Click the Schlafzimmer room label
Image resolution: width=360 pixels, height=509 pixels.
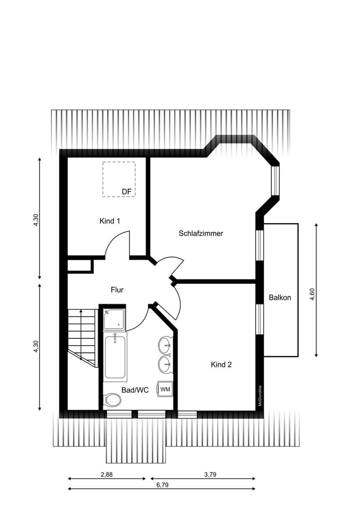(201, 233)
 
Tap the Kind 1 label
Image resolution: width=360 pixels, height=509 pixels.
(110, 221)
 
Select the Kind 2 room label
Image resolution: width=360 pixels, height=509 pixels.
(221, 365)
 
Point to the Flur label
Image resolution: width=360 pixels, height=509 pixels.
(117, 290)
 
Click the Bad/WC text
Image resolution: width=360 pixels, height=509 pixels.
(135, 390)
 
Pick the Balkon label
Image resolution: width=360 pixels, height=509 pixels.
(280, 297)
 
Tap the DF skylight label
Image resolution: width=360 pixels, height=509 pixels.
(126, 192)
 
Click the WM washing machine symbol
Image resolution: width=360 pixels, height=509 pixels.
(165, 389)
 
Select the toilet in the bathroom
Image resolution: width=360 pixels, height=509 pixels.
(112, 400)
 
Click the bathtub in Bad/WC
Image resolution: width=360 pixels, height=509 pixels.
(115, 357)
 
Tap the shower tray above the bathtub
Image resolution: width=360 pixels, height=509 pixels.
(114, 319)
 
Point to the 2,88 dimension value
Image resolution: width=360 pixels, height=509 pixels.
(107, 474)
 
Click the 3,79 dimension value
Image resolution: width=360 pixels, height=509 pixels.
(210, 474)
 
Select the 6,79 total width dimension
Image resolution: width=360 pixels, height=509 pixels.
(162, 485)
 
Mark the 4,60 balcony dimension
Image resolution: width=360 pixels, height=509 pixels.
(312, 294)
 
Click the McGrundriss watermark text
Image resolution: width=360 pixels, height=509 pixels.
(260, 396)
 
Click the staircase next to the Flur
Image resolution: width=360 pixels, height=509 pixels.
(83, 338)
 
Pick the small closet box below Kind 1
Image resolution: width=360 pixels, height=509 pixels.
(80, 265)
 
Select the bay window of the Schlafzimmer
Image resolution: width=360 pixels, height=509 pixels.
(275, 181)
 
